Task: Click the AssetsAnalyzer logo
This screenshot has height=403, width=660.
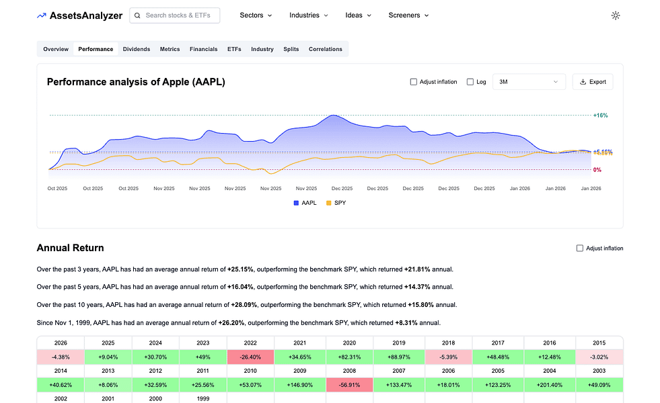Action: tap(79, 15)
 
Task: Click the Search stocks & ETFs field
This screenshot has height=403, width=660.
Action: tap(175, 15)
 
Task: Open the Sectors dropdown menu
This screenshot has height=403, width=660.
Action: tap(256, 15)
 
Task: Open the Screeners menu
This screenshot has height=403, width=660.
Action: tap(408, 15)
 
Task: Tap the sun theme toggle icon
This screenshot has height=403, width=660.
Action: tap(615, 15)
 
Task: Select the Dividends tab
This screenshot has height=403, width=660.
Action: tap(137, 49)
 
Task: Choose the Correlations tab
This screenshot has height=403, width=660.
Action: tap(326, 49)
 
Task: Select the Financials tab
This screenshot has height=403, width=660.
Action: tap(203, 49)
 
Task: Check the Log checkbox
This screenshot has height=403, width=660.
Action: tap(470, 82)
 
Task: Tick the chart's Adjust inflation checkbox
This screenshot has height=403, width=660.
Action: tap(414, 82)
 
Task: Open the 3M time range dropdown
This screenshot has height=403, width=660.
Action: tap(529, 82)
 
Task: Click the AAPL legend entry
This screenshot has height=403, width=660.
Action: tap(304, 203)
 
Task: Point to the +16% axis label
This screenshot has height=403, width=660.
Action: tap(600, 116)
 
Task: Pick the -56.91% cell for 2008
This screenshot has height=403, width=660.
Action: tap(349, 384)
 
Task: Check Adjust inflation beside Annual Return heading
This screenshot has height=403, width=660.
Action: tap(580, 249)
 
